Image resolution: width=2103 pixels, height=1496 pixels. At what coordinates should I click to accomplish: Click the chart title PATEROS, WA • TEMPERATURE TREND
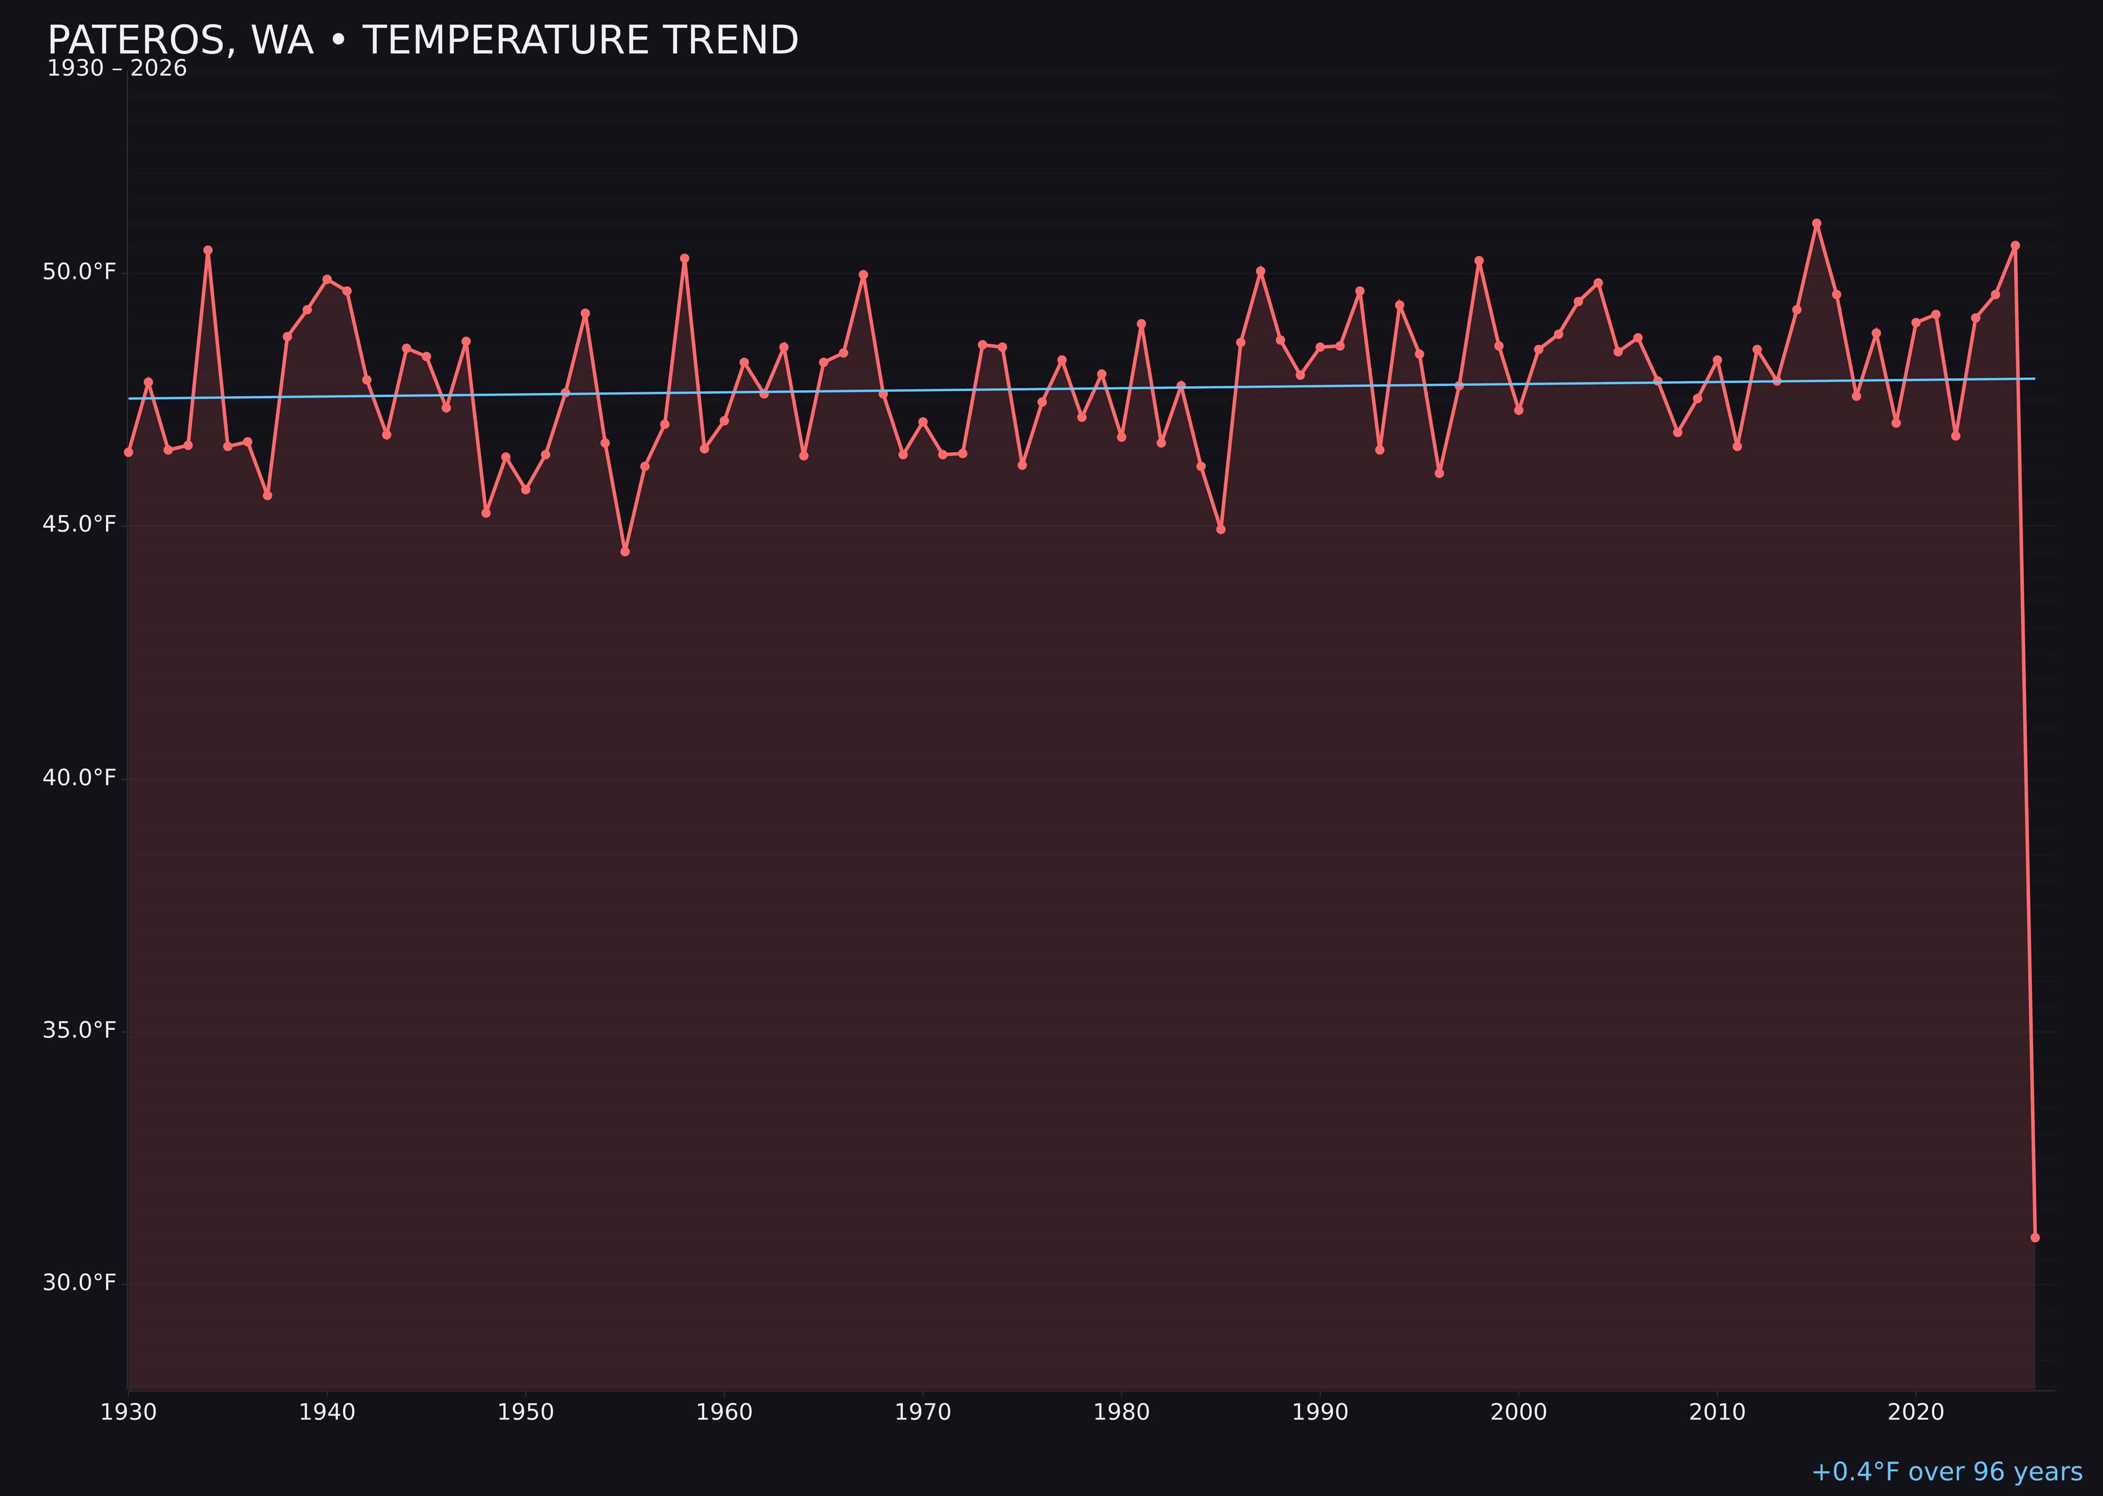tap(423, 41)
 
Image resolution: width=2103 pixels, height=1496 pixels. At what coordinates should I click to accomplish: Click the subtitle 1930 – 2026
tap(117, 69)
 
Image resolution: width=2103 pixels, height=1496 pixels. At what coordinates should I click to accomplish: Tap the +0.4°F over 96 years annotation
tap(1946, 1471)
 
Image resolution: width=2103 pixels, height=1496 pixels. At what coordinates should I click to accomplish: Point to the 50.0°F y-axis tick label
tap(79, 272)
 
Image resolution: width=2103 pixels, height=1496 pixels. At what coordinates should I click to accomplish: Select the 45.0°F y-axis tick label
tap(79, 524)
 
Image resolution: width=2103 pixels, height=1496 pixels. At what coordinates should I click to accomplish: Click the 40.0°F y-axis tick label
tap(79, 777)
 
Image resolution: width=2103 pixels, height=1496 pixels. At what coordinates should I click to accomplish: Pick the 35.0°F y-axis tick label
tap(79, 1030)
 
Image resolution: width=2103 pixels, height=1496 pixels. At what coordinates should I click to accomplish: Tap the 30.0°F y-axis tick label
tap(79, 1282)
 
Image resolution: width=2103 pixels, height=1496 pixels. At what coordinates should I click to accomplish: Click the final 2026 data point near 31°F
tap(2035, 1237)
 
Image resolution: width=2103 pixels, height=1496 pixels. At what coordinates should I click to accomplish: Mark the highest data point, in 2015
tap(1816, 223)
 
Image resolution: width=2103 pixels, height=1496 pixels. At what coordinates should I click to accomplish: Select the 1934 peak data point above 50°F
tap(208, 250)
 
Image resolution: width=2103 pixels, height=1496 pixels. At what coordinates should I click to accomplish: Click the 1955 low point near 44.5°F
tap(625, 551)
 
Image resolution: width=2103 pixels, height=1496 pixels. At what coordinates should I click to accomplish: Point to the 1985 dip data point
tap(1221, 529)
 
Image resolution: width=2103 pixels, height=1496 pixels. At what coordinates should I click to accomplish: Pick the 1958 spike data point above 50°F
tap(684, 258)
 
